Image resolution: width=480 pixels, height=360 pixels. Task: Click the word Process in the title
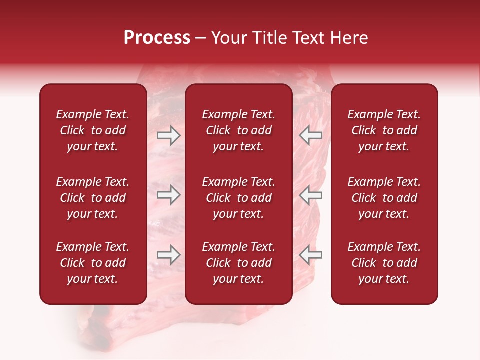pyautogui.click(x=157, y=38)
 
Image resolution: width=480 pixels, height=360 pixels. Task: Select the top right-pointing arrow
pyautogui.click(x=168, y=135)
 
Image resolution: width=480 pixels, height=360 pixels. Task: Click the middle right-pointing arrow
pyautogui.click(x=168, y=195)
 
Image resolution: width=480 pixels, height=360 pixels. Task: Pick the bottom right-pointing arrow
pyautogui.click(x=168, y=255)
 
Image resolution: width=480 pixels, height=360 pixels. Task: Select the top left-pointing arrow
pyautogui.click(x=310, y=135)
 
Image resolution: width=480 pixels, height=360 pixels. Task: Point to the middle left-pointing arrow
pyautogui.click(x=310, y=195)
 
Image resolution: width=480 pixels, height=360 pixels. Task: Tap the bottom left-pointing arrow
pyautogui.click(x=310, y=255)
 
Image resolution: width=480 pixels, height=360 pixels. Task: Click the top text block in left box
pyautogui.click(x=93, y=130)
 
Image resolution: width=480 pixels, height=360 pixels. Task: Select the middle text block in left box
pyautogui.click(x=93, y=198)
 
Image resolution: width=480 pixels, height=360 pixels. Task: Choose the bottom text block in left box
pyautogui.click(x=93, y=263)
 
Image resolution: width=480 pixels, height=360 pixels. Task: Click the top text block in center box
pyautogui.click(x=239, y=130)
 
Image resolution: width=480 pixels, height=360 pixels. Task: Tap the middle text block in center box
pyautogui.click(x=239, y=198)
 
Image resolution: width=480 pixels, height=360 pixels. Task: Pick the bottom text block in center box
pyautogui.click(x=239, y=263)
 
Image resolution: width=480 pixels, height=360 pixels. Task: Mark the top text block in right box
pyautogui.click(x=384, y=130)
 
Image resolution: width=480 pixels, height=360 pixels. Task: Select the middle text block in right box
pyautogui.click(x=384, y=198)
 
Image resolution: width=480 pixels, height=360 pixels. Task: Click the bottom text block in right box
pyautogui.click(x=384, y=263)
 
